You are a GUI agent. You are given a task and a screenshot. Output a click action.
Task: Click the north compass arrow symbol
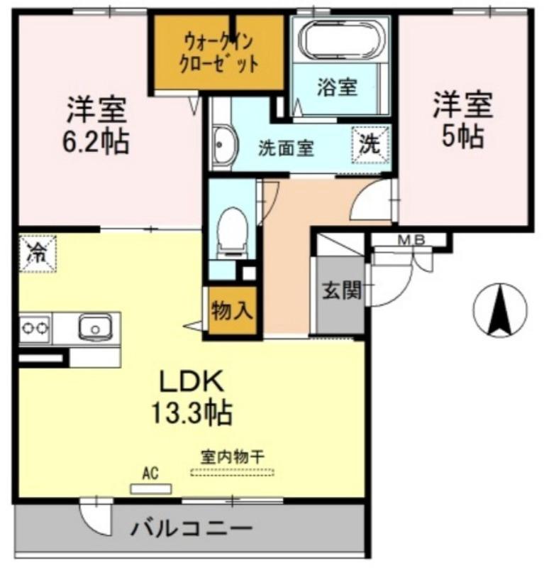coord(500,310)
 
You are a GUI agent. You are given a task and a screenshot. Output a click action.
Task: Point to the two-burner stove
coord(35,328)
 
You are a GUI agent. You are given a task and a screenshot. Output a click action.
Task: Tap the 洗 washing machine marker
coord(371,145)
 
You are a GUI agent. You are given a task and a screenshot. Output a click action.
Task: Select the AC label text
coord(150,472)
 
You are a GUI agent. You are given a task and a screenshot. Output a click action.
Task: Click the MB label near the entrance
coord(410,240)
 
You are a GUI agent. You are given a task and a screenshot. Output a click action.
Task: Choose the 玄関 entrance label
coord(342,290)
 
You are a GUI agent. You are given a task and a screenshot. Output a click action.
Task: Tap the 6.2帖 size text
coord(96,141)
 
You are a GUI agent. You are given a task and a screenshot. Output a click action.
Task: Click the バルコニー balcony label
coord(191,529)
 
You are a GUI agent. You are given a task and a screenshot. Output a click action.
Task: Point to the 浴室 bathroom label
coord(336,88)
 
